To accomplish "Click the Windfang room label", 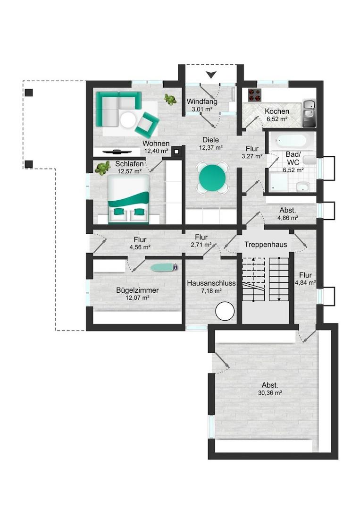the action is point(202,102).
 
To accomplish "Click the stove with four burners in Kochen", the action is point(255,95).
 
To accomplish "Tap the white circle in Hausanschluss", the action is point(225,311).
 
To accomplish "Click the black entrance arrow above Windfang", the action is point(211,75).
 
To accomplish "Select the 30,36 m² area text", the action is point(270,392).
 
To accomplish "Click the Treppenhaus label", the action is point(266,245).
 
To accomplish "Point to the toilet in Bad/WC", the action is point(310,160).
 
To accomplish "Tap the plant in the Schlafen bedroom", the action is point(103,168).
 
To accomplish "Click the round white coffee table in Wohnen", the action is point(128,120).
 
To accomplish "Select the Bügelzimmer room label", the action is point(137,290).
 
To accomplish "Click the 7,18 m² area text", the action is point(211,291).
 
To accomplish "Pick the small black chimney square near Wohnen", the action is point(176,151).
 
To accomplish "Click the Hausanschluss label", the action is point(211,283).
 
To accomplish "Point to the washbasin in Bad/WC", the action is point(303,187).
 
